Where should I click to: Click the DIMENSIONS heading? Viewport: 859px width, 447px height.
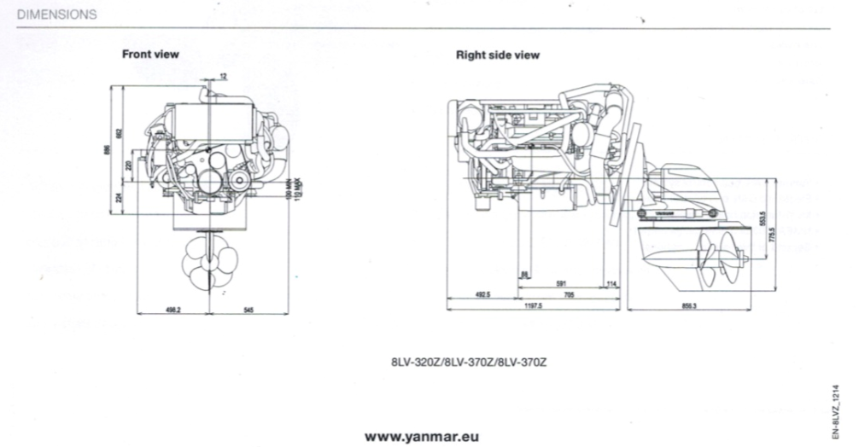coord(56,15)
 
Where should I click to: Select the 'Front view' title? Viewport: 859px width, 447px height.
coord(150,55)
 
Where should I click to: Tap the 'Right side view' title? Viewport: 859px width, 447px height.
coord(497,55)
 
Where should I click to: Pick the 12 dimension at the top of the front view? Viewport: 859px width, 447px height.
coord(223,77)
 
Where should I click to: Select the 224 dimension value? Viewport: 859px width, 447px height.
coord(120,198)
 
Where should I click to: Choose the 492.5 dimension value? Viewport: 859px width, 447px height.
coord(482,295)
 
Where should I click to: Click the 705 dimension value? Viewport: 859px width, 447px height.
coord(570,295)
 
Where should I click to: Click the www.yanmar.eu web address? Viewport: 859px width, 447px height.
coord(421,436)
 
